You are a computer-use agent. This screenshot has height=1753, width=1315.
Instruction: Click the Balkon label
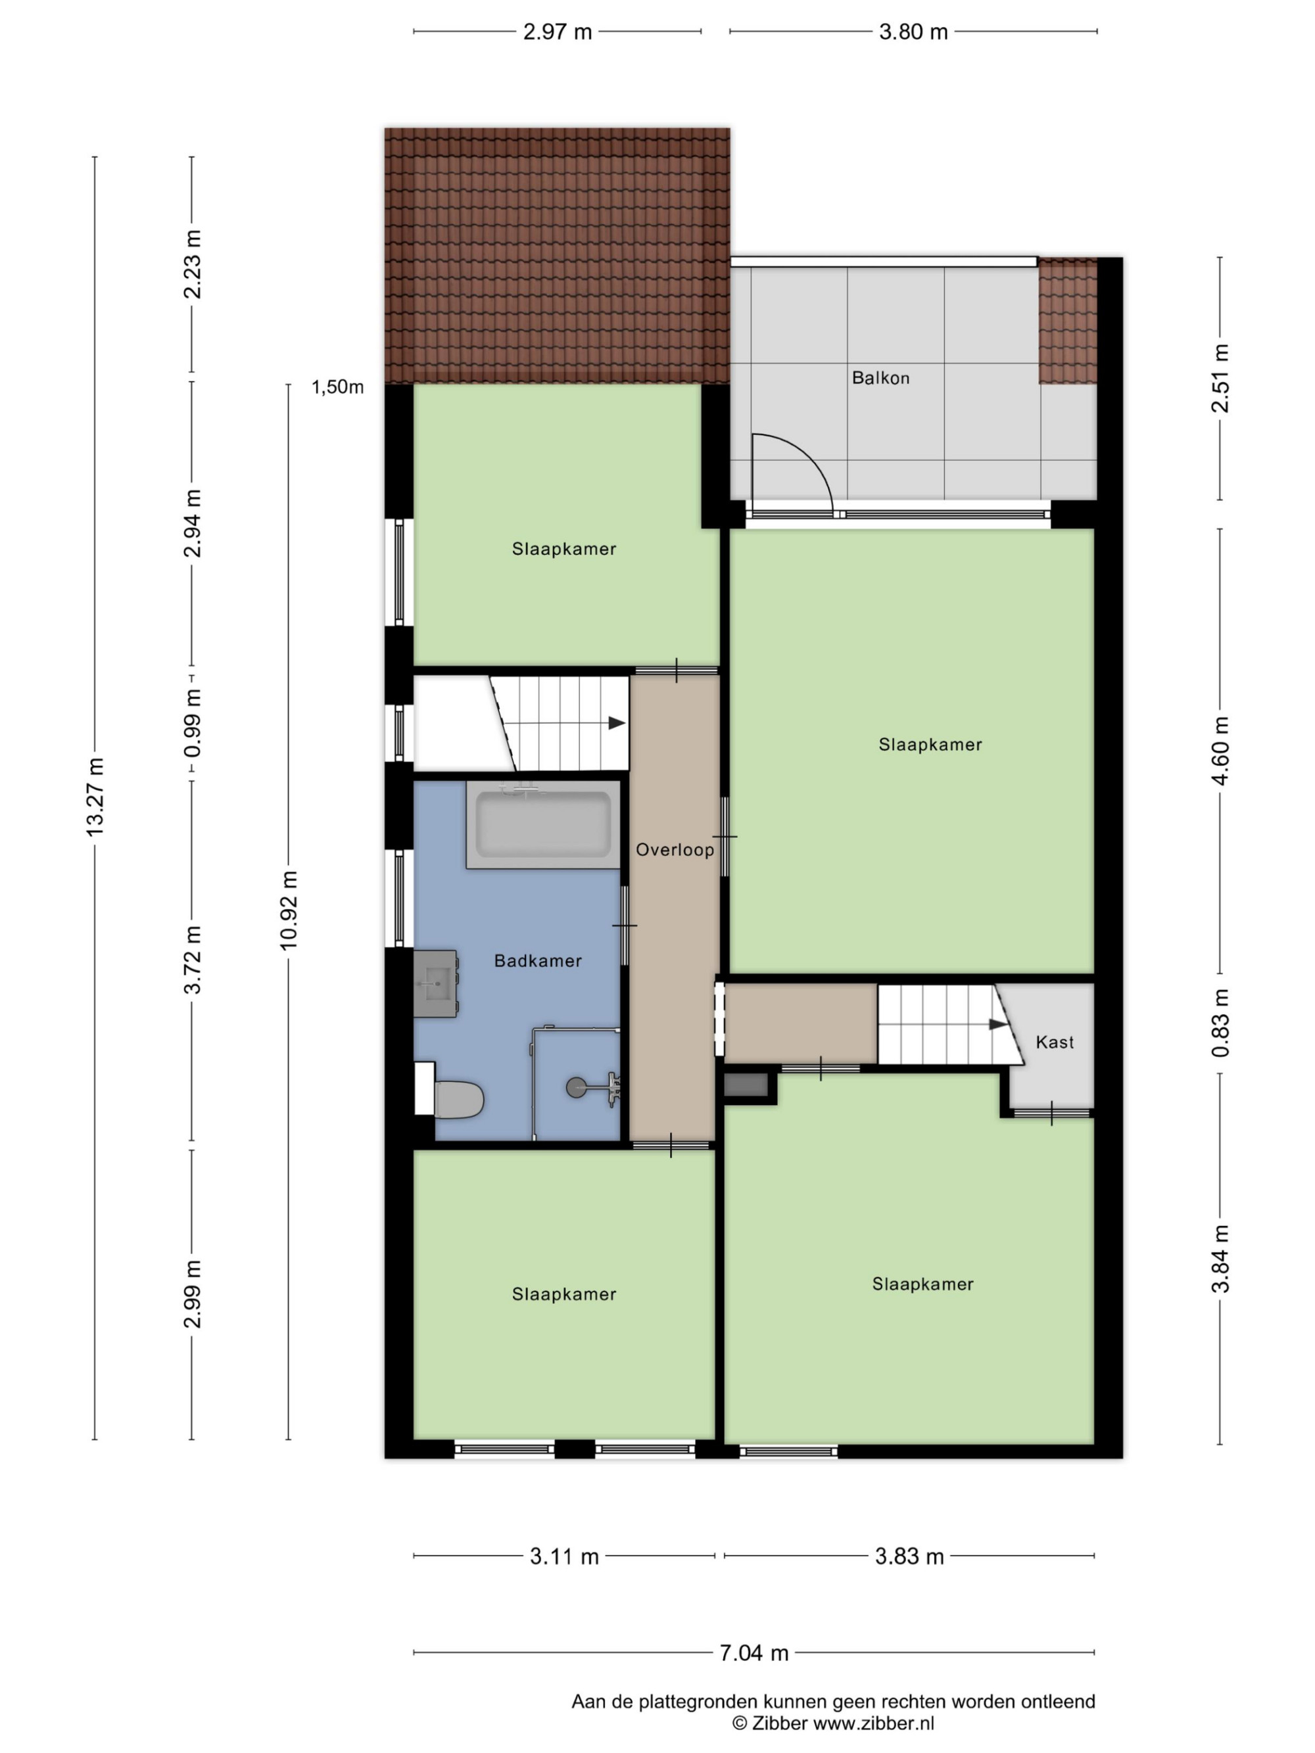pos(880,378)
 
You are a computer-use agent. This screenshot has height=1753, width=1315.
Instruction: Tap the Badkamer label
pos(537,960)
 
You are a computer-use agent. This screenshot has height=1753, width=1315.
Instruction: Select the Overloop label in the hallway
pos(675,850)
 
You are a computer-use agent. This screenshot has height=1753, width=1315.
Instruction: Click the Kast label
pos(1054,1042)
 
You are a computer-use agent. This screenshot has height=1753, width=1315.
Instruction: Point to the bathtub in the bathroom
pos(543,825)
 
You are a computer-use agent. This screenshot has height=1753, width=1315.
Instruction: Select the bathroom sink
pos(435,983)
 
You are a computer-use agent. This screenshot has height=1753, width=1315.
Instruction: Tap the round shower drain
pos(577,1087)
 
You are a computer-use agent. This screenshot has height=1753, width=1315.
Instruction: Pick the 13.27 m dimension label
pos(95,797)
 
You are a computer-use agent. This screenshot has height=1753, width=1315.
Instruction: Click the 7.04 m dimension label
pos(753,1653)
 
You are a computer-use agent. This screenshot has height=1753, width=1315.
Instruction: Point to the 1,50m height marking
pos(338,386)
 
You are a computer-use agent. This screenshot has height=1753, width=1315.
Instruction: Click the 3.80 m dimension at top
pos(913,32)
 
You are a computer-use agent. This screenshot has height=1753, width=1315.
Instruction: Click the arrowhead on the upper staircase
pos(617,723)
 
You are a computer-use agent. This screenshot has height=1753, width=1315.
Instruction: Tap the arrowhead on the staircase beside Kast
pos(998,1024)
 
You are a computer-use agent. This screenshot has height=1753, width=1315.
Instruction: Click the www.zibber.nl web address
pos(874,1723)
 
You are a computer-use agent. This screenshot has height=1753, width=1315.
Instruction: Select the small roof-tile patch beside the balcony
pos(1068,321)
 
